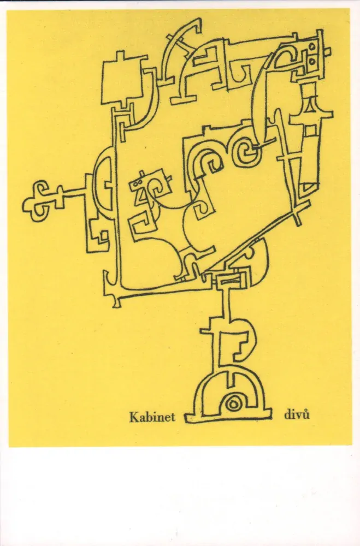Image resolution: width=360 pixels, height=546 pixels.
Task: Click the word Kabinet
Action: coord(152,417)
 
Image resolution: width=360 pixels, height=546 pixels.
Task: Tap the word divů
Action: coord(297,415)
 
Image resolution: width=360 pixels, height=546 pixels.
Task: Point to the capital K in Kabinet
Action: coord(133,417)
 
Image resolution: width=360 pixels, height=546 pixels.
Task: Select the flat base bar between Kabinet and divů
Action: coord(228,417)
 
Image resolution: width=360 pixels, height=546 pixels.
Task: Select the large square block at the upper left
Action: coord(122,82)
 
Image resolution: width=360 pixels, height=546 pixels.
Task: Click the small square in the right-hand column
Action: coord(309,130)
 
